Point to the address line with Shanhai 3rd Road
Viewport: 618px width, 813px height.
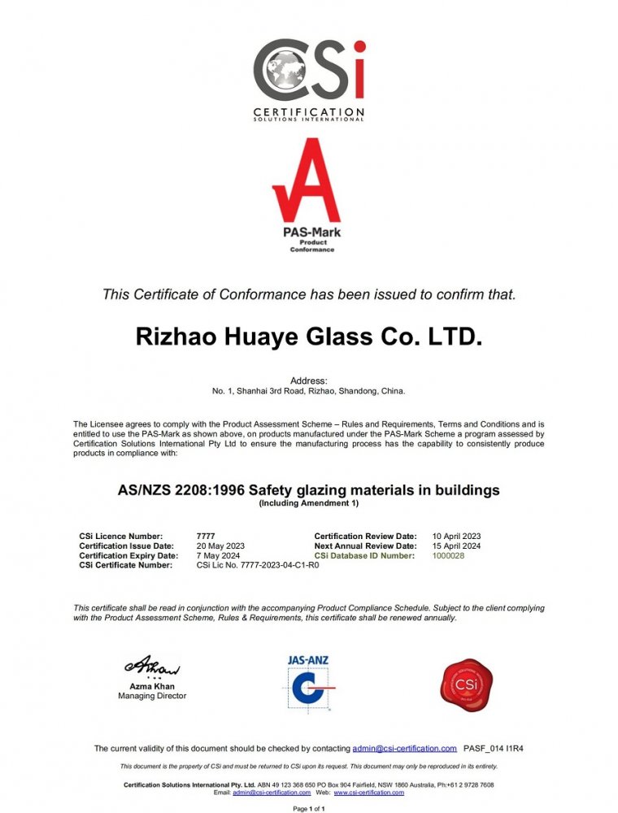[x=309, y=391]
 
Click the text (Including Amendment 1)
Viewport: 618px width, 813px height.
[x=309, y=504]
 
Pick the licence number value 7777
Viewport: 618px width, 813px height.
[x=206, y=537]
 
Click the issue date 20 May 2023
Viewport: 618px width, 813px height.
[x=220, y=546]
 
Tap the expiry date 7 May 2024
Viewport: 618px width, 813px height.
[x=218, y=556]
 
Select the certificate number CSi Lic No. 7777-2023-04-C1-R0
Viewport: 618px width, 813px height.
[x=258, y=566]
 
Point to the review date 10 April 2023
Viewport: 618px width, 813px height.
[x=457, y=537]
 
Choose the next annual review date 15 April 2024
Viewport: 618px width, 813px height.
[x=457, y=546]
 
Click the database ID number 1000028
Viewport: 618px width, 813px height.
[x=448, y=556]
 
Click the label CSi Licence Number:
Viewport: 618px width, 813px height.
[x=121, y=537]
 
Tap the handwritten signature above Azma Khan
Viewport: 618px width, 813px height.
[x=152, y=667]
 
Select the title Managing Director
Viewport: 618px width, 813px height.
[x=152, y=696]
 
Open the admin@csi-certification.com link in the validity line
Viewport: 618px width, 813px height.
[x=404, y=748]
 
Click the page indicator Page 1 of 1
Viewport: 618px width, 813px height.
[x=309, y=809]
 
